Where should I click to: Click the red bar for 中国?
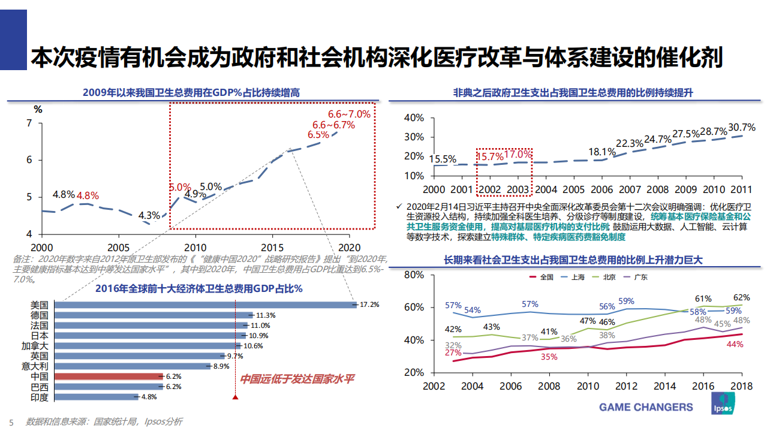(x=109, y=376)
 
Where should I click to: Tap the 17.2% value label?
(x=369, y=305)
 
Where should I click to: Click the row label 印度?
(x=40, y=397)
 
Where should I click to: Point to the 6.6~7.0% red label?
(x=349, y=113)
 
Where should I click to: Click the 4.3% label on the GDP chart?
(x=149, y=216)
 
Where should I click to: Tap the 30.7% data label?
(x=741, y=128)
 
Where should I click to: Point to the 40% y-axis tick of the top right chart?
(x=414, y=118)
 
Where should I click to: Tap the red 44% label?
(x=735, y=344)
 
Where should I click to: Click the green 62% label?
(x=741, y=297)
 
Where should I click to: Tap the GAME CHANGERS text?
(x=646, y=407)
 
